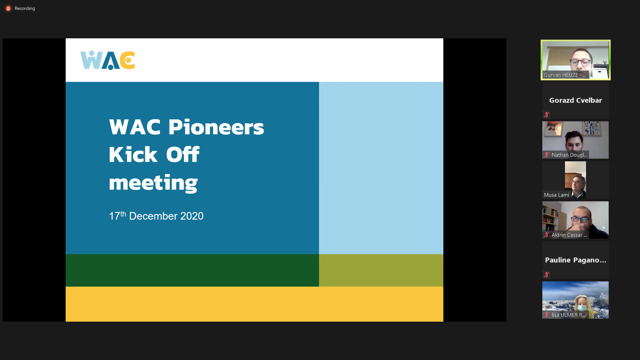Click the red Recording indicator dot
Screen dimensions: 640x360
[8, 8]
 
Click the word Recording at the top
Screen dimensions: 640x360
[25, 8]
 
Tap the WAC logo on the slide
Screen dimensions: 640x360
[108, 60]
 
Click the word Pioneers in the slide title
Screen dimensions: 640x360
[216, 127]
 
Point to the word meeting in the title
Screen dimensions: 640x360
[153, 183]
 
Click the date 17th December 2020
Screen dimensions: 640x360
[156, 216]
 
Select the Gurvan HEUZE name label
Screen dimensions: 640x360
[565, 75]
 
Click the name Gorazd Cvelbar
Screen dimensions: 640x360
[575, 100]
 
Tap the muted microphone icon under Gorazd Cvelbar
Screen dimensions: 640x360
[546, 115]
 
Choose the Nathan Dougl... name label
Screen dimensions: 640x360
[569, 155]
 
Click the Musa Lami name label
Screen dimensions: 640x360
[557, 195]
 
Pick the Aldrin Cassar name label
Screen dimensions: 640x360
[569, 235]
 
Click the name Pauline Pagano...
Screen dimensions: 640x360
[575, 260]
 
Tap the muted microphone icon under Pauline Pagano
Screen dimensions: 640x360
[546, 275]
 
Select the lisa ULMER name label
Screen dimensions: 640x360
[568, 315]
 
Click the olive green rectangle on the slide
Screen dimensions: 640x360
[381, 270]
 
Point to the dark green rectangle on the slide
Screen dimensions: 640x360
[192, 270]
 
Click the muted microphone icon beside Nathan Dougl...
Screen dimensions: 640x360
[547, 155]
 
